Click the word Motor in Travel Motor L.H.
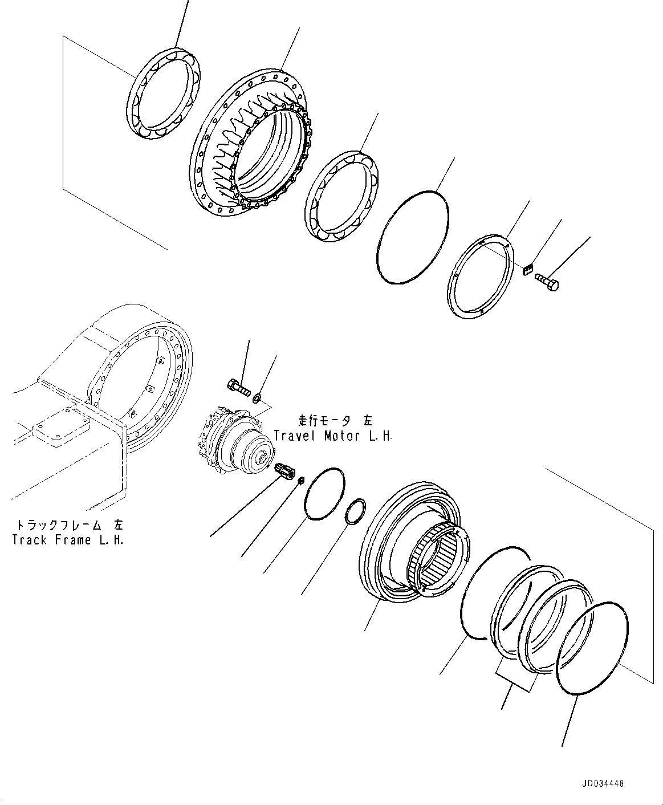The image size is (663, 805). click(343, 436)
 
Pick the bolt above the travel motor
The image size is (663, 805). click(239, 387)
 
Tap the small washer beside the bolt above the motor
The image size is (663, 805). click(258, 397)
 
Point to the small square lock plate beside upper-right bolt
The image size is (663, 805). click(527, 269)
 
